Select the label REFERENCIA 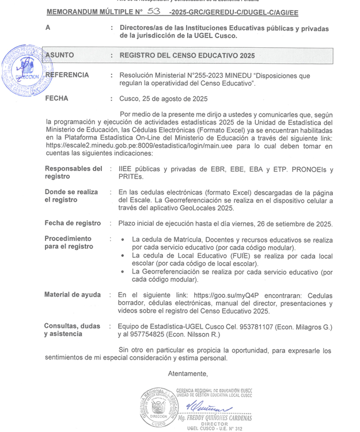pyautogui.click(x=67, y=75)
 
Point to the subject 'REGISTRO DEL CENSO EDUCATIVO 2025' pyautogui.click(x=187, y=56)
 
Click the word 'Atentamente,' pyautogui.click(x=187, y=373)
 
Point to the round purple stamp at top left pyautogui.click(x=24, y=71)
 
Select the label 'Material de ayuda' pyautogui.click(x=72, y=294)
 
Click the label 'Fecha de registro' pyautogui.click(x=73, y=223)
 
